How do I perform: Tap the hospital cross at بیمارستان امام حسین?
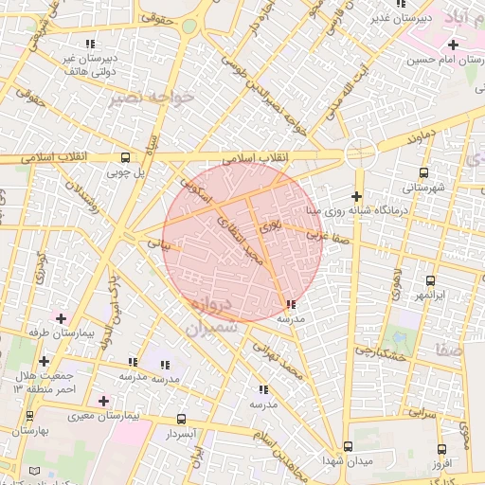pyautogui.click(x=453, y=45)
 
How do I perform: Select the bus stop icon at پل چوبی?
pyautogui.click(x=125, y=158)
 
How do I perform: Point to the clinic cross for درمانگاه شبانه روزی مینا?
pyautogui.click(x=356, y=195)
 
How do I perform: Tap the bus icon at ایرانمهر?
pyautogui.click(x=430, y=281)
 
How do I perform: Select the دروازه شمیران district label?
pyautogui.click(x=210, y=317)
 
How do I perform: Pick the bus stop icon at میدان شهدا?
pyautogui.click(x=348, y=446)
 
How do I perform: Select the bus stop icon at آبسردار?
pyautogui.click(x=181, y=419)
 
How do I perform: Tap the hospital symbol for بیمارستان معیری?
pyautogui.click(x=104, y=402)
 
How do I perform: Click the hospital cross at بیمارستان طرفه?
pyautogui.click(x=63, y=318)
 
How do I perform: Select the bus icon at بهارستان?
pyautogui.click(x=29, y=416)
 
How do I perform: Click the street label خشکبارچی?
pyautogui.click(x=380, y=350)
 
